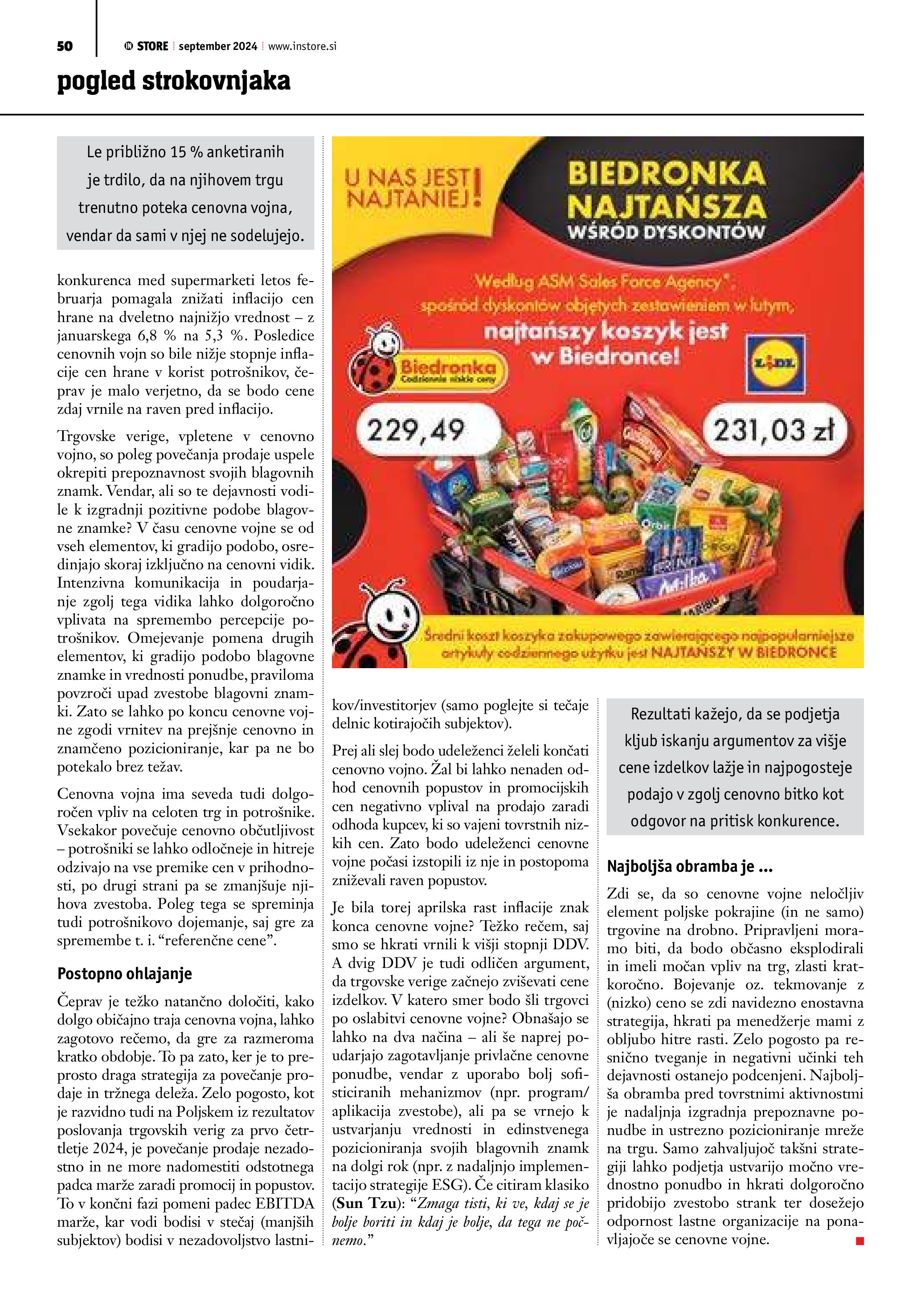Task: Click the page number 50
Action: (x=65, y=46)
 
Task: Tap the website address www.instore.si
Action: (x=302, y=46)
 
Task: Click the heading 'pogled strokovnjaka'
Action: (x=173, y=81)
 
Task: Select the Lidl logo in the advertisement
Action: (x=775, y=363)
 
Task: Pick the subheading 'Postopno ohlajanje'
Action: (x=125, y=974)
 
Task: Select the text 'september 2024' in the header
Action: (x=218, y=46)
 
